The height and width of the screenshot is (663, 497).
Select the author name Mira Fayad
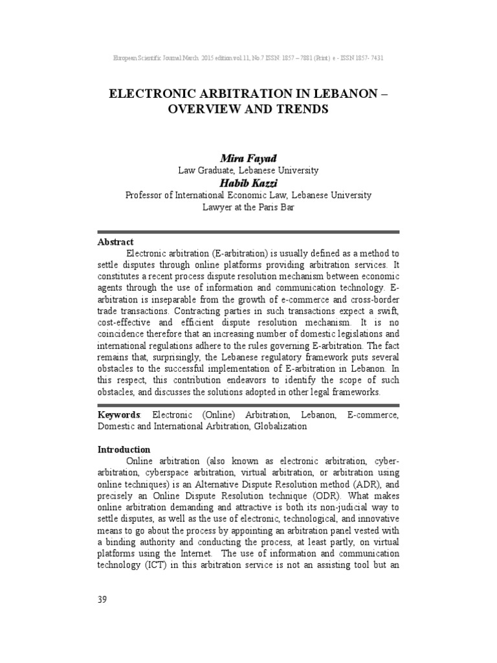pyautogui.click(x=248, y=158)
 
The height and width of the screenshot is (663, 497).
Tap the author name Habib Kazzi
pyautogui.click(x=248, y=183)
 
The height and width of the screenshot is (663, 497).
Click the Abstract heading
pyautogui.click(x=115, y=242)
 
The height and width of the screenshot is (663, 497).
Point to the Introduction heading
pyautogui.click(x=124, y=449)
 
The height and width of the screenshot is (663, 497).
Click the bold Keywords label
pyautogui.click(x=118, y=414)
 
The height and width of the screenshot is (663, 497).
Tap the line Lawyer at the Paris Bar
pyautogui.click(x=248, y=207)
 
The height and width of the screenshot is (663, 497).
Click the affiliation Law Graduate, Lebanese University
pyautogui.click(x=248, y=170)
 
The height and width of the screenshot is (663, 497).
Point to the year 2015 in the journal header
pyautogui.click(x=206, y=58)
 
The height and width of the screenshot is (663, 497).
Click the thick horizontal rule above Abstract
pyautogui.click(x=248, y=231)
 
